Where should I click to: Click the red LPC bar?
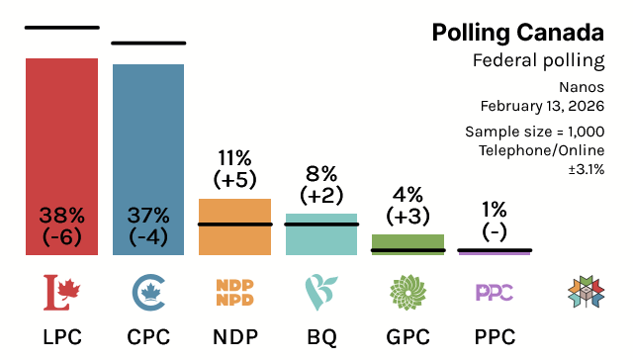click(x=61, y=138)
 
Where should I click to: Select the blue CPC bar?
click(x=148, y=138)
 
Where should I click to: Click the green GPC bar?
click(x=407, y=241)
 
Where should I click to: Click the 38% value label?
click(x=61, y=215)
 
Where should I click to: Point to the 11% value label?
click(x=234, y=157)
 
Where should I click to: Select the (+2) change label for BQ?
click(x=321, y=195)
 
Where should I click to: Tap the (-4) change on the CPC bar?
click(x=148, y=236)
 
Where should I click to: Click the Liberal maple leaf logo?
click(x=61, y=291)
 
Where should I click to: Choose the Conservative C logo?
click(x=148, y=291)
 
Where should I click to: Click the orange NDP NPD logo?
click(x=234, y=291)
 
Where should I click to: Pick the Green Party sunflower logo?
click(x=407, y=291)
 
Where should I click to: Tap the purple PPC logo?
click(x=495, y=292)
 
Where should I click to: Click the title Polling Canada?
click(x=517, y=33)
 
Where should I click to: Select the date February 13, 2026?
click(x=542, y=105)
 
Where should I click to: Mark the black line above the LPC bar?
click(x=61, y=28)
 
